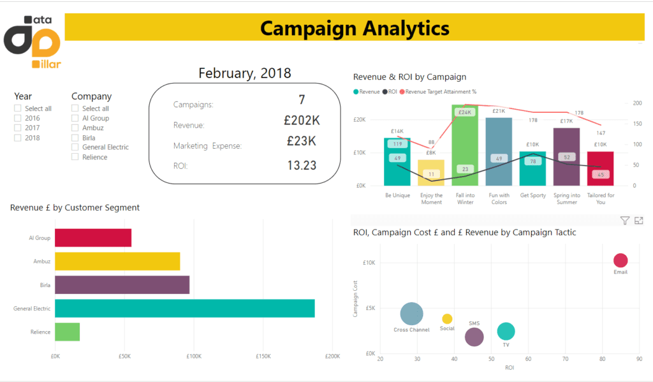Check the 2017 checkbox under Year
coord(18,128)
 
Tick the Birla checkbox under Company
coord(75,138)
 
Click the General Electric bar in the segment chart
coord(184,308)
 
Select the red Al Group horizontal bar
coord(92,238)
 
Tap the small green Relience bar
coord(67,332)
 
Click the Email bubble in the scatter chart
coord(620,260)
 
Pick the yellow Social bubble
coord(447,319)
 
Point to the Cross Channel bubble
coord(412,313)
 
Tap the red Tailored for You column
coord(600,168)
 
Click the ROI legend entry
coord(390,92)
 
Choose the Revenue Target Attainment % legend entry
coord(441,92)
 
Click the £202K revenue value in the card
coord(302,121)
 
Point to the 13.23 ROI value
coord(302,166)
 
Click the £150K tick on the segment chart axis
coord(263,356)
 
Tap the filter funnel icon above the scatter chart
coord(625,221)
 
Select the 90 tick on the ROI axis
coord(639,360)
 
